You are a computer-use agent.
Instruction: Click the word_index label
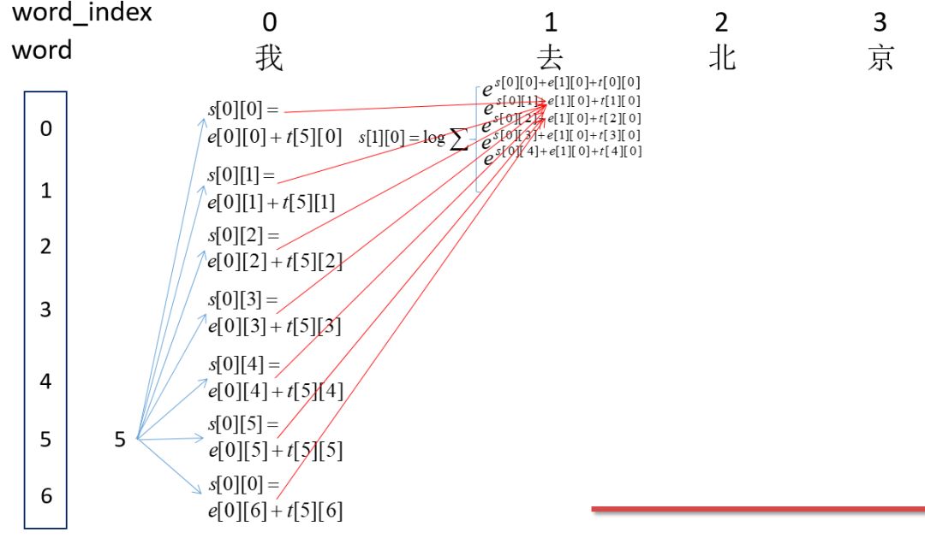click(81, 15)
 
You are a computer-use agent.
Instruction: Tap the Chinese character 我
click(269, 57)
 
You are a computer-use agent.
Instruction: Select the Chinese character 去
click(551, 57)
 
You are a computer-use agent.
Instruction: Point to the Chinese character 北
click(721, 57)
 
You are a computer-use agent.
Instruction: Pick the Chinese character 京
click(880, 57)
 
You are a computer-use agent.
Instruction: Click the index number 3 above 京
click(880, 21)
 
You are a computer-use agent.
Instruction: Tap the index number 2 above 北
click(721, 21)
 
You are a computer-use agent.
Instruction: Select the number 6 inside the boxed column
click(45, 495)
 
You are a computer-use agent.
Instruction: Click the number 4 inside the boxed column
click(45, 382)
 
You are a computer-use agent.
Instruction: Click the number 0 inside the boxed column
click(45, 129)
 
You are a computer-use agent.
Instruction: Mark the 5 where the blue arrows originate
click(120, 440)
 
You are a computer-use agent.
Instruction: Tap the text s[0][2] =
click(244, 235)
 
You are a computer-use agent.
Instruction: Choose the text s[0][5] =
click(244, 424)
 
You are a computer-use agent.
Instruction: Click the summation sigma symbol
click(459, 141)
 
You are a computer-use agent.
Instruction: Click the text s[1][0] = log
click(401, 138)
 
